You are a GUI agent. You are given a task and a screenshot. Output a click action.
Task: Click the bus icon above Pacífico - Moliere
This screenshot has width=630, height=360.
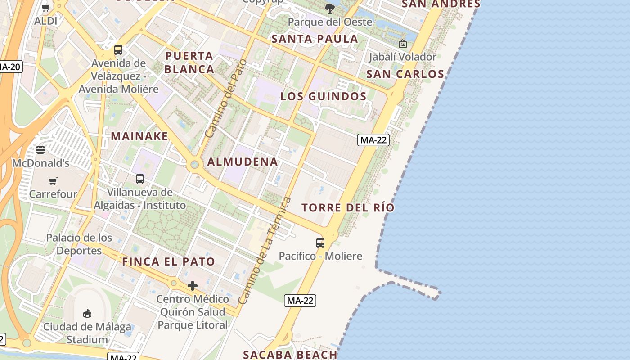pos(320,243)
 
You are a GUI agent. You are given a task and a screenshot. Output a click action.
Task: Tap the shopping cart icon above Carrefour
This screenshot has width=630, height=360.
pos(53,181)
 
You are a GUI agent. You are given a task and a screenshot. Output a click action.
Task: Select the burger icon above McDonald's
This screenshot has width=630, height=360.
pos(40,150)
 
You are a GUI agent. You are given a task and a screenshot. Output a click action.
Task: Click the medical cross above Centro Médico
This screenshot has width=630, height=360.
pos(193,286)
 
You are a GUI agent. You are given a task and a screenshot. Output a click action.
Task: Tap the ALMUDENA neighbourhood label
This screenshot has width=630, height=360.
pos(243,162)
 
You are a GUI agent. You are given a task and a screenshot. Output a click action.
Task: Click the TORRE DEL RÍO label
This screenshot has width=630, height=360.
pos(348,208)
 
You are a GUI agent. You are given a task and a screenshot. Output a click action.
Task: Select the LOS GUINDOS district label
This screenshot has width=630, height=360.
pos(324,96)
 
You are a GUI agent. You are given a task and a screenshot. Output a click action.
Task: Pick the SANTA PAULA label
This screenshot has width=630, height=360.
pos(315,39)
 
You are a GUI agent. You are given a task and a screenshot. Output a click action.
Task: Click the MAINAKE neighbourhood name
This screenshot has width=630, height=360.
pos(139,136)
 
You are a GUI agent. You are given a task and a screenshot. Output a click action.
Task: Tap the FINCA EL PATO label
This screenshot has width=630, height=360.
pos(169,261)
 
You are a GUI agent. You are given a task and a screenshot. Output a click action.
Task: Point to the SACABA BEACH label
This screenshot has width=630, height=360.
pos(290,355)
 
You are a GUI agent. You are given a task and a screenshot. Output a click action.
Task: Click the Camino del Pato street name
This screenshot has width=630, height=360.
pos(226,99)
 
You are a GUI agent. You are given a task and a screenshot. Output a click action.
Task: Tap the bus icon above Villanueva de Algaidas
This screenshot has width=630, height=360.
pos(140,179)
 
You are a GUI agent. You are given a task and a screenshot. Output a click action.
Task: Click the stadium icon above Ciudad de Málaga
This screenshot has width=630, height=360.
pos(87,313)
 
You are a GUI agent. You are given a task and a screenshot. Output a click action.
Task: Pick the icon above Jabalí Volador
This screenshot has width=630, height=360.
pos(403,44)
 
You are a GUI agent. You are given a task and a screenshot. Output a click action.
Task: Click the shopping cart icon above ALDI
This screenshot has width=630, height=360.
pos(46,8)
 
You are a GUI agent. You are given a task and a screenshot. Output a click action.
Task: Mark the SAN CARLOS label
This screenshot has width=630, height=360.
pos(405,74)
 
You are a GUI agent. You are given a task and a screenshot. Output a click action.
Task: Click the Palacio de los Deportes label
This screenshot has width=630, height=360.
pos(79,244)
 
